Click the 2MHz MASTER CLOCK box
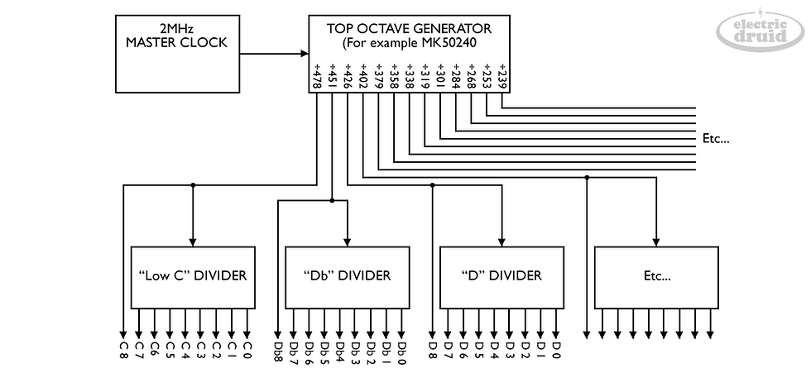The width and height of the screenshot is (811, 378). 177,54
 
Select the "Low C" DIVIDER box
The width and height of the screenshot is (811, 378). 192,277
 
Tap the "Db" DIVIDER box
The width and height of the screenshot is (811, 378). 347,277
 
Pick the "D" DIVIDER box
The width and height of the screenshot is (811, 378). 501,277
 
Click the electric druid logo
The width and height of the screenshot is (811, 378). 760,30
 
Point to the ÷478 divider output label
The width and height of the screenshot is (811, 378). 316,77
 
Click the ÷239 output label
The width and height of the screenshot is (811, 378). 502,77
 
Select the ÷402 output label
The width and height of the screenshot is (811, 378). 363,77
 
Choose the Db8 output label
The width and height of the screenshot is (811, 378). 278,352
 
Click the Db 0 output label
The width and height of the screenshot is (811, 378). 402,352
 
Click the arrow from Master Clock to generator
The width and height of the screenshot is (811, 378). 274,53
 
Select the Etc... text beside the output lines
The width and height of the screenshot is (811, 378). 716,139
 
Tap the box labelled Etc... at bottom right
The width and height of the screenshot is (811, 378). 656,277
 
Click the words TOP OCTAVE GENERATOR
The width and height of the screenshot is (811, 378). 409,28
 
